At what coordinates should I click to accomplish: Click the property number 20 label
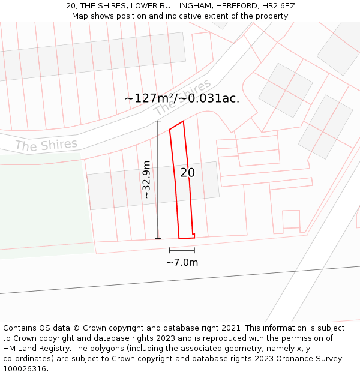[x=187, y=173]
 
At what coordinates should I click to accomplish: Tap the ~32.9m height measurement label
[x=147, y=179]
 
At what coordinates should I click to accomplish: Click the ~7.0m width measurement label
[x=182, y=262]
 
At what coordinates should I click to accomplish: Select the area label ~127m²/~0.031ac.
[x=182, y=98]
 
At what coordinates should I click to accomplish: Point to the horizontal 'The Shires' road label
[x=46, y=145]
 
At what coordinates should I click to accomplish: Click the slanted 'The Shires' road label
[x=183, y=97]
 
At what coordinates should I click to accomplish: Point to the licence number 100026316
[x=25, y=369]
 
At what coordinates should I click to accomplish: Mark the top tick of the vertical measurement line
[x=158, y=121]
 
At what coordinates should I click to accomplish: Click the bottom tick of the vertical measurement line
[x=158, y=239]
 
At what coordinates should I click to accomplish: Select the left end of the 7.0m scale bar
[x=170, y=250]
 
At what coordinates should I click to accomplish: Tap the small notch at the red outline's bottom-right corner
[x=193, y=235]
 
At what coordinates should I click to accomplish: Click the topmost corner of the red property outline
[x=183, y=121]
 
